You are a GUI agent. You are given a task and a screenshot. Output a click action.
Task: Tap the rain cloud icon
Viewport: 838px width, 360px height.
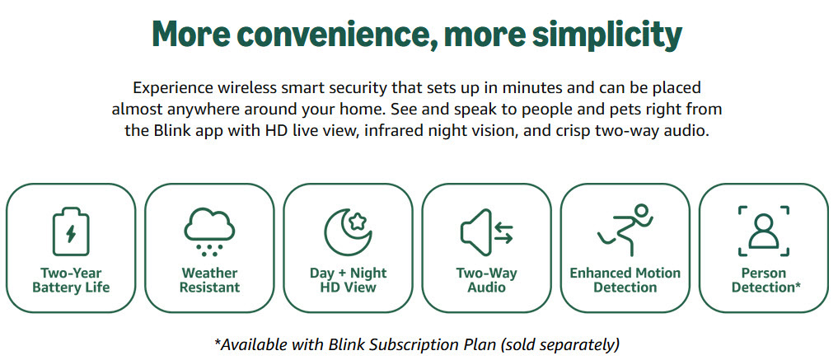209,230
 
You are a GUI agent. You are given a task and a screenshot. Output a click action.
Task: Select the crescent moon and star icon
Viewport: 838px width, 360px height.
348,231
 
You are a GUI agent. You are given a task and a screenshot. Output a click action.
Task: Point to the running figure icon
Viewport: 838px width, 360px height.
625,230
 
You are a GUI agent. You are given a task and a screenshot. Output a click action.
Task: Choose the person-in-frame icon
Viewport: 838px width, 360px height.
763,231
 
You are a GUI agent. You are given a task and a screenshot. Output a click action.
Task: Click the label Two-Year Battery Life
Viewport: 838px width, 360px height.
71,280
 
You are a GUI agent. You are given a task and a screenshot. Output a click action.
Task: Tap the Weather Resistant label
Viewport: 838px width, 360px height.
209,280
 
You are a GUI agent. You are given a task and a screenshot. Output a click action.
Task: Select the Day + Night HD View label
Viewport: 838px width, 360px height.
348,280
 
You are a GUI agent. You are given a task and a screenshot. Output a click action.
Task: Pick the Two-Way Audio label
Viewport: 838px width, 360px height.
486,280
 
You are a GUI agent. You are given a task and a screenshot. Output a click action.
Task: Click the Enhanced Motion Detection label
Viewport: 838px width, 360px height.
625,280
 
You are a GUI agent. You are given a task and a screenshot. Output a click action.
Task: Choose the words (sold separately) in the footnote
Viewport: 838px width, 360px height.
559,344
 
